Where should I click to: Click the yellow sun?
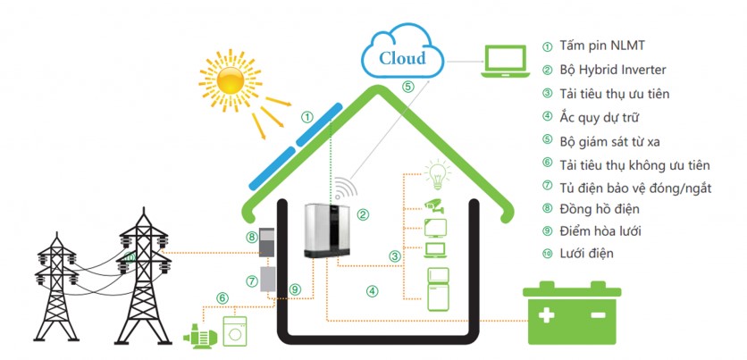coord(231,81)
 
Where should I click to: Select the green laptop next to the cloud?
coord(505,60)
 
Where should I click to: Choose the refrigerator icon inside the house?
coord(439,289)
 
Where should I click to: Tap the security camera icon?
coord(435,205)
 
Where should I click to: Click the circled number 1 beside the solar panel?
coord(306,116)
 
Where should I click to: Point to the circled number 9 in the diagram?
coord(294,288)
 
